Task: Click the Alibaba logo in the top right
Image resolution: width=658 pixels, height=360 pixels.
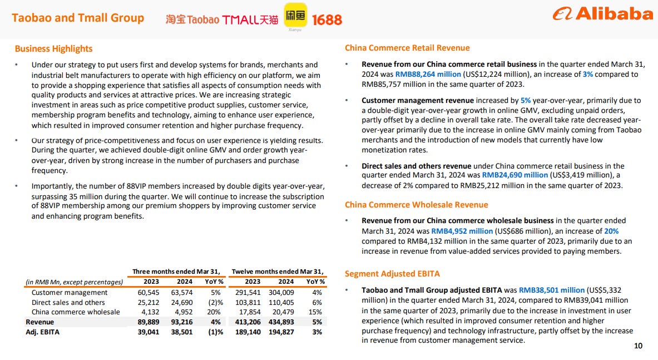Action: pos(603,14)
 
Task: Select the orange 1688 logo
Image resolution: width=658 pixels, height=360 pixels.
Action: pos(327,19)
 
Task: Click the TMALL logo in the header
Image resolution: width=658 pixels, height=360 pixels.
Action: pos(250,19)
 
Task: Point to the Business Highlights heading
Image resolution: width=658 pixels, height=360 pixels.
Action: pos(53,48)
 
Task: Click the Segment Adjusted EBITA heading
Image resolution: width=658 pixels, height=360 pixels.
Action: pos(392,273)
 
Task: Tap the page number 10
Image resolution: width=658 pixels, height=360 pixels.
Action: pos(638,346)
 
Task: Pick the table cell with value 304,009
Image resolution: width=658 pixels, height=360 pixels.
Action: pos(283,292)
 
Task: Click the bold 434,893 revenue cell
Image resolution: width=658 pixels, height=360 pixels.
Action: pos(283,322)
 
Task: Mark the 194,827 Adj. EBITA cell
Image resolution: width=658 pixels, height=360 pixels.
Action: pos(283,332)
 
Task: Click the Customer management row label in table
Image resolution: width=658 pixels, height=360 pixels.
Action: pos(70,292)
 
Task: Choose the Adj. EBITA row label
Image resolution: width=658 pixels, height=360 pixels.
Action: pos(43,332)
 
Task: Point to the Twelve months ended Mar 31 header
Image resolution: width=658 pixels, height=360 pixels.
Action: pos(278,272)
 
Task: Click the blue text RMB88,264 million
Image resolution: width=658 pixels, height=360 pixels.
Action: pos(428,74)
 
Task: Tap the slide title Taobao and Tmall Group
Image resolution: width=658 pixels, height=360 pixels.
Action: pos(78,18)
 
